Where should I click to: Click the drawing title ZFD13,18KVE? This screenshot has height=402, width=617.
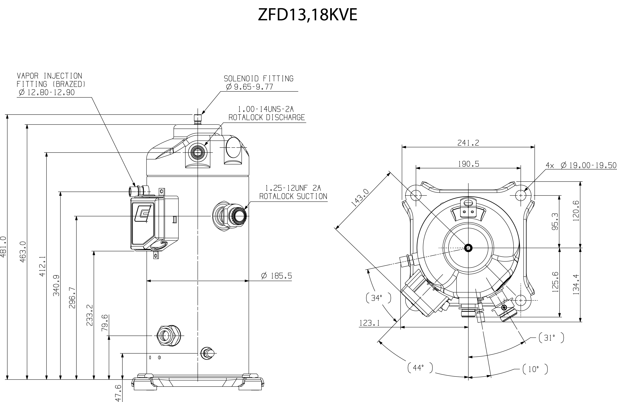click(x=307, y=15)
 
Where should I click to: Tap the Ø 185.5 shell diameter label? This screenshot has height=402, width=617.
click(x=277, y=276)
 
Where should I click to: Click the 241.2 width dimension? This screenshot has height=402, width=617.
click(x=468, y=143)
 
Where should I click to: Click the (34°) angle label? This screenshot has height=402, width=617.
click(x=378, y=298)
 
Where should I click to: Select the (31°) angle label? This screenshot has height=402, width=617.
click(x=551, y=338)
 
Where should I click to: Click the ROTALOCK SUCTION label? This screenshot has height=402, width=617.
click(x=293, y=196)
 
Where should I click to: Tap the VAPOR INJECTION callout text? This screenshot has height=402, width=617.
click(x=49, y=76)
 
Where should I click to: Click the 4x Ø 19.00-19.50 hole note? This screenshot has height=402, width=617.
click(x=581, y=165)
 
